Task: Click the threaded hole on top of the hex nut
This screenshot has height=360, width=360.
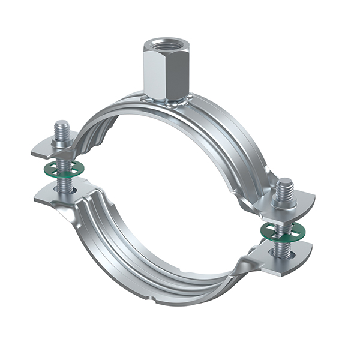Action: pos(163,44)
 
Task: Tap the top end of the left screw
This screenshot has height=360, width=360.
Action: pos(61,125)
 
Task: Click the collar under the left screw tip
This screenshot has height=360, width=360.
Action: pos(61,142)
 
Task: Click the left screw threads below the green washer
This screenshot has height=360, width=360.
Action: pos(62,182)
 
